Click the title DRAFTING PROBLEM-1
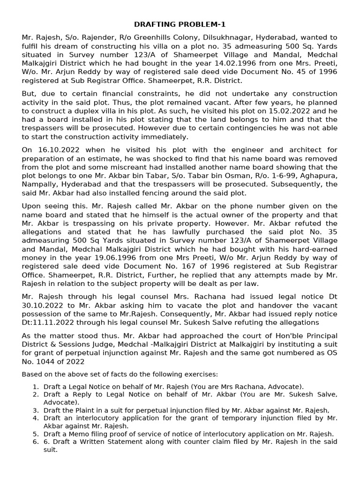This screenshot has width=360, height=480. coord(180,24)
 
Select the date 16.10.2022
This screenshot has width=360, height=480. coord(57,150)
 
